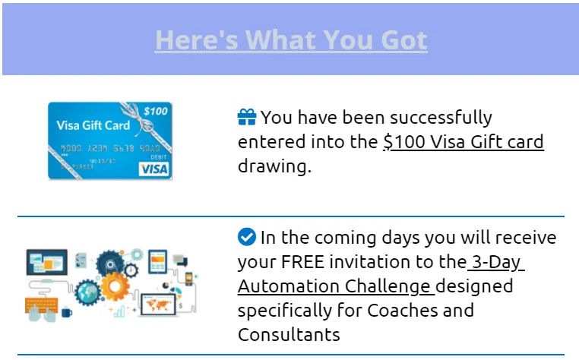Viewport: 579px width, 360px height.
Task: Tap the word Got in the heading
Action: [404, 39]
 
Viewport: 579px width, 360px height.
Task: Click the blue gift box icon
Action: [247, 117]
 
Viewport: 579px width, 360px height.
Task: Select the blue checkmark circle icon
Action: [247, 237]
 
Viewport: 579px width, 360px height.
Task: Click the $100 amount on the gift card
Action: [156, 111]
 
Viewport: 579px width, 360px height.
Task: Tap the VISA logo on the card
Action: [153, 169]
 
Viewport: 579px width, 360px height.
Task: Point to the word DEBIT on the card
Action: [158, 157]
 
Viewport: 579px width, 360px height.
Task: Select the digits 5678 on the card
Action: [123, 148]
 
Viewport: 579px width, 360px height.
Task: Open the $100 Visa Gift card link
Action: [464, 142]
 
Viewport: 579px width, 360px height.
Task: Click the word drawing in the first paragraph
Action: [274, 167]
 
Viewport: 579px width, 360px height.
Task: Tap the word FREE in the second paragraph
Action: [302, 262]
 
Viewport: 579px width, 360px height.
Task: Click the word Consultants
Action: [289, 334]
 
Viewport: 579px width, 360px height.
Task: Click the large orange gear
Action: [115, 286]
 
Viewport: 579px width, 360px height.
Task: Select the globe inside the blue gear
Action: [87, 292]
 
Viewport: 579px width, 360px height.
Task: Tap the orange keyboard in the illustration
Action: [41, 305]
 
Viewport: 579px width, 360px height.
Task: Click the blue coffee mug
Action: [66, 313]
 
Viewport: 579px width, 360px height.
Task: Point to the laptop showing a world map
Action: [159, 305]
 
